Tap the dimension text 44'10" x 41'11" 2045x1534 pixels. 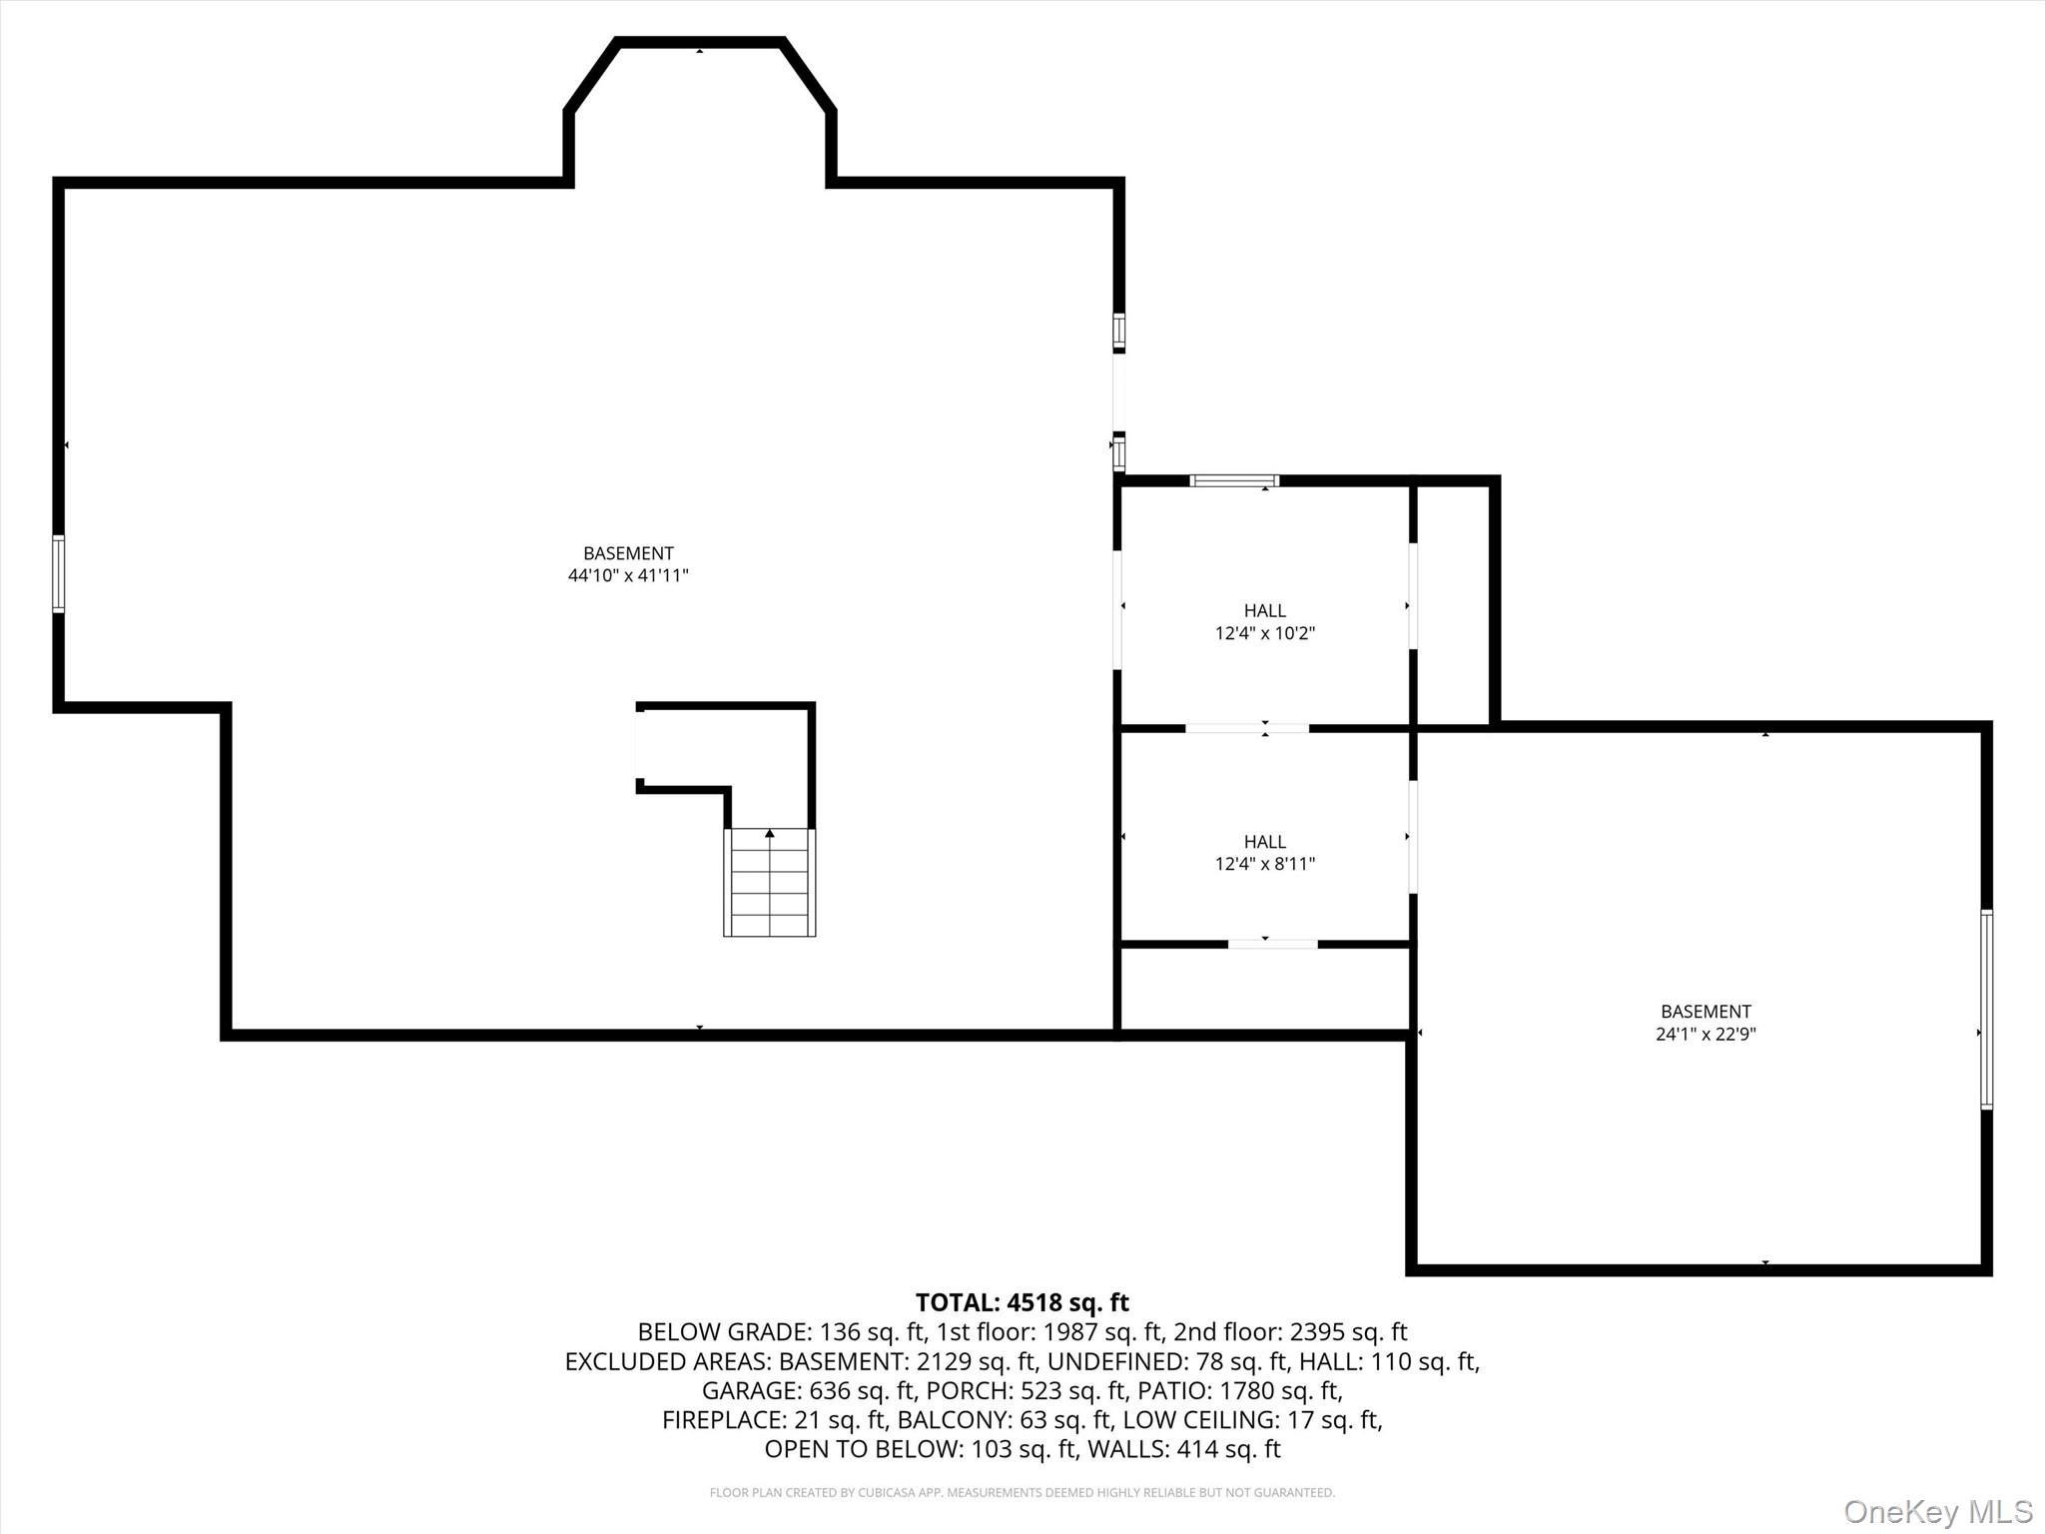(x=628, y=575)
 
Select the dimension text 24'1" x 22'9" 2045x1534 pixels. (x=1705, y=1034)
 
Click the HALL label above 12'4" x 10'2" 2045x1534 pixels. (x=1264, y=610)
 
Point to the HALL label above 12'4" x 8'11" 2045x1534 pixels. (x=1264, y=842)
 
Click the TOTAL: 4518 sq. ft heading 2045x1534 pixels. (x=1022, y=1302)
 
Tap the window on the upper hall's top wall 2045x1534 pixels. (x=1234, y=480)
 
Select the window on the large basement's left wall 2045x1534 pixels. (x=59, y=573)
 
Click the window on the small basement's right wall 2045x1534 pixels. (x=1986, y=1009)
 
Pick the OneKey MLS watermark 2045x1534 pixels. (x=1937, y=1511)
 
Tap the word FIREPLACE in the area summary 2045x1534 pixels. (x=723, y=1419)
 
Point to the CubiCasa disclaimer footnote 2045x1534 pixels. (x=1022, y=1492)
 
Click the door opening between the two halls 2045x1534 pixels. (x=1246, y=728)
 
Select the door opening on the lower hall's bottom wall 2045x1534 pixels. (x=1272, y=943)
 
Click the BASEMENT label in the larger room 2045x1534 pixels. (x=628, y=553)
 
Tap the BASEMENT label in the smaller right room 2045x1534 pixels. (x=1705, y=1012)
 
